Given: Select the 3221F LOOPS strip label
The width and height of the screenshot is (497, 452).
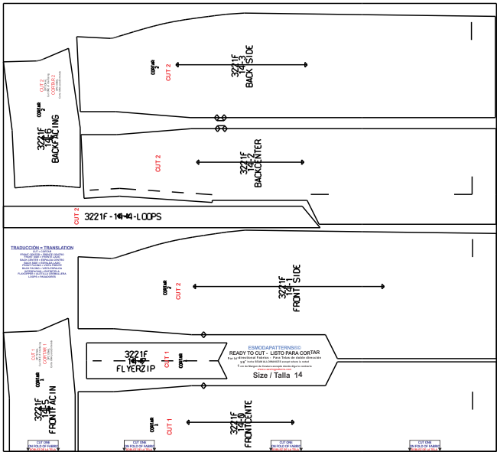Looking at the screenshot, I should pyautogui.click(x=123, y=216).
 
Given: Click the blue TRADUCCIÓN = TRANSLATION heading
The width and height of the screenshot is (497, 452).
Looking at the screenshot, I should pyautogui.click(x=42, y=249).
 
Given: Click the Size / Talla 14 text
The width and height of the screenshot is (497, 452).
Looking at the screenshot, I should pyautogui.click(x=278, y=376).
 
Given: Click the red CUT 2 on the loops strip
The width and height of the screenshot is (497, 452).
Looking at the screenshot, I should pyautogui.click(x=76, y=216).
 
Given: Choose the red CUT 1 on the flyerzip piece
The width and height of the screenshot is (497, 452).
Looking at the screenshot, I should pyautogui.click(x=167, y=358).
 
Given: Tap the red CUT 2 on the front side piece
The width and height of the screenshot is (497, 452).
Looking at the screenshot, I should pyautogui.click(x=177, y=291).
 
